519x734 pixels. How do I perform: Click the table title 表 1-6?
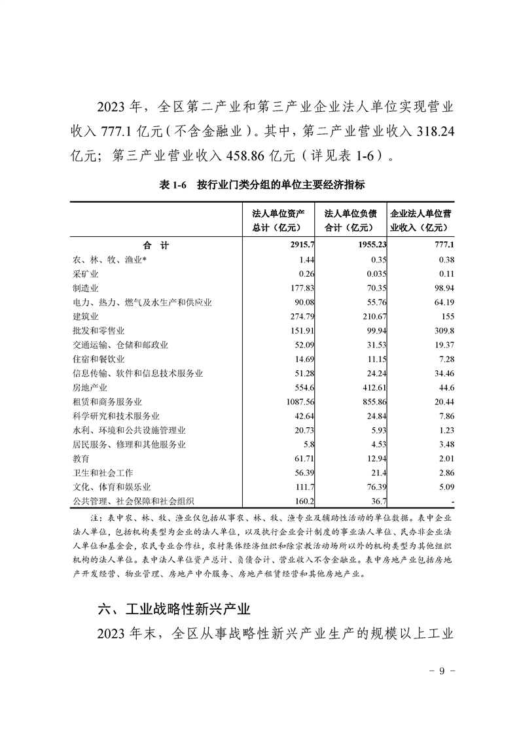click(x=173, y=185)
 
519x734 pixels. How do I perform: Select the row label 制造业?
click(x=86, y=288)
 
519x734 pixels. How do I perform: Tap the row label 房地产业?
click(x=90, y=387)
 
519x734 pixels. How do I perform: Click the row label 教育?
click(x=81, y=459)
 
